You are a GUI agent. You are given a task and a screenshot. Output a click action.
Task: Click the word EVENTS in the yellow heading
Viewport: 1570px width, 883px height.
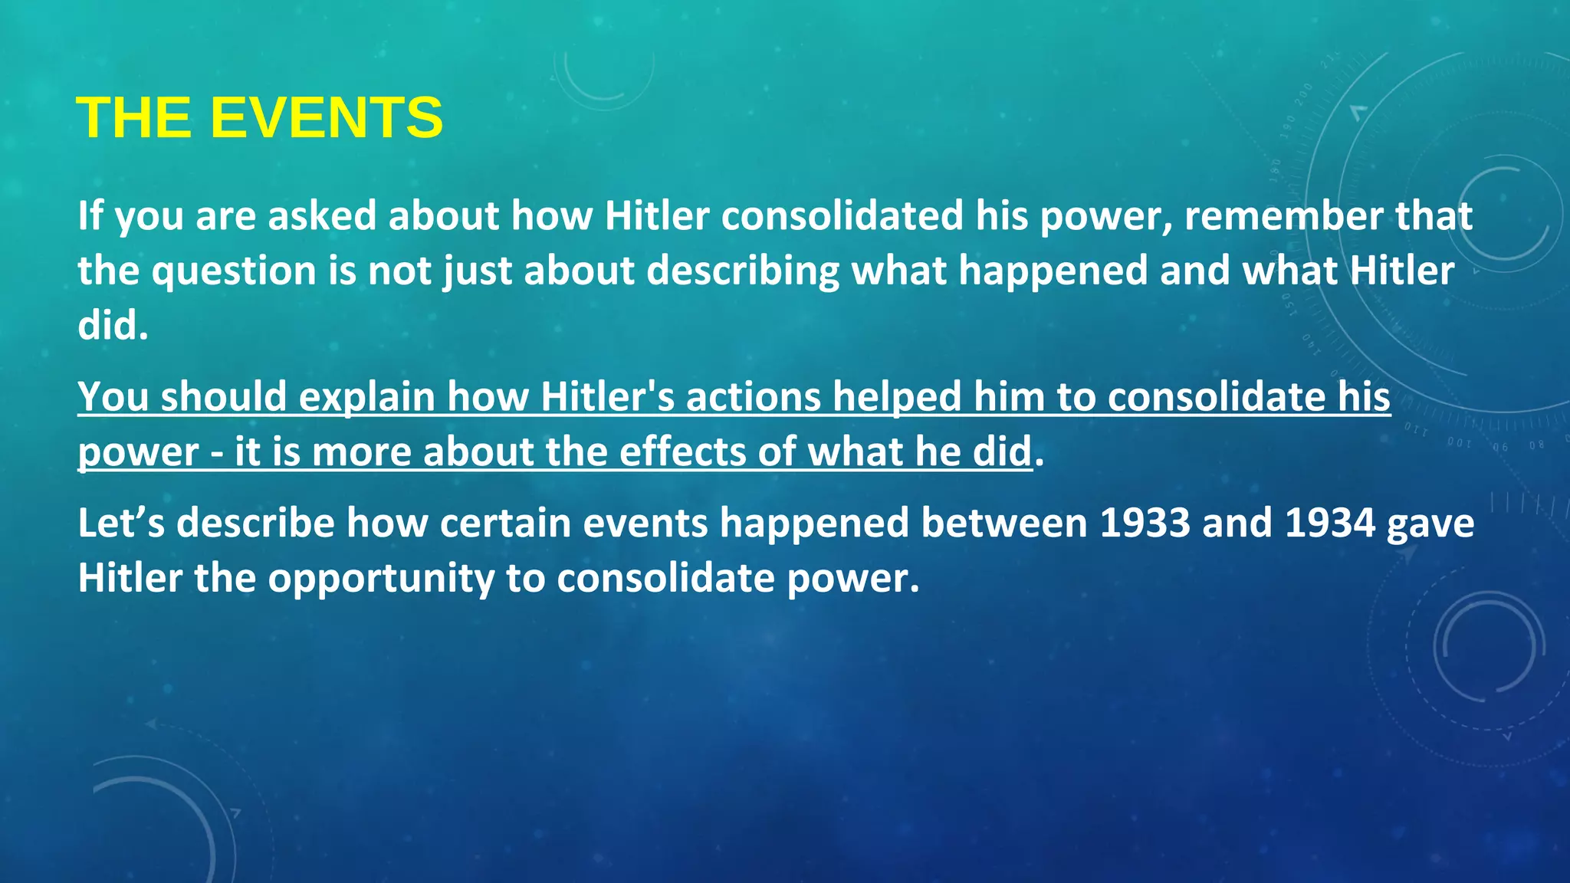point(327,118)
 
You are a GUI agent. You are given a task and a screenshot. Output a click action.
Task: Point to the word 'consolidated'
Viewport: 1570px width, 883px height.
point(842,215)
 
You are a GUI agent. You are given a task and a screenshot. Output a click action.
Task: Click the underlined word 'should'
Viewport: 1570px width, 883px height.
point(223,397)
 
